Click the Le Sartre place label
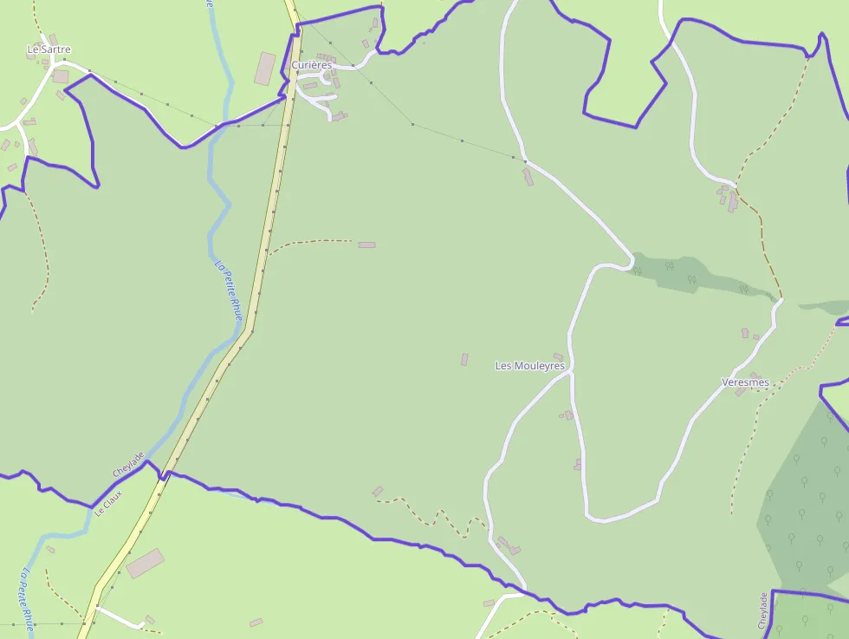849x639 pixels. (x=49, y=49)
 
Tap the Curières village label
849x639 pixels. (x=311, y=65)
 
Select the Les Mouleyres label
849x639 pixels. (x=529, y=366)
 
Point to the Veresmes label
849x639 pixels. (x=745, y=382)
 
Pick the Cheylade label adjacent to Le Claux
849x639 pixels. (x=128, y=465)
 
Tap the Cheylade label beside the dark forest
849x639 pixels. (x=763, y=610)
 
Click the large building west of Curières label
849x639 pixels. (x=265, y=68)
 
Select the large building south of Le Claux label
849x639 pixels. (x=145, y=563)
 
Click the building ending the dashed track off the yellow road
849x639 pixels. (x=367, y=245)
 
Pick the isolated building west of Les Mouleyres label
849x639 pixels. (x=464, y=359)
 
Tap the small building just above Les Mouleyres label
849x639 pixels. (x=558, y=356)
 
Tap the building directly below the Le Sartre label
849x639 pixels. (x=60, y=76)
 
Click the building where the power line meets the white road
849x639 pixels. (x=528, y=176)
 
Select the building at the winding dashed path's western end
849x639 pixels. (x=378, y=492)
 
